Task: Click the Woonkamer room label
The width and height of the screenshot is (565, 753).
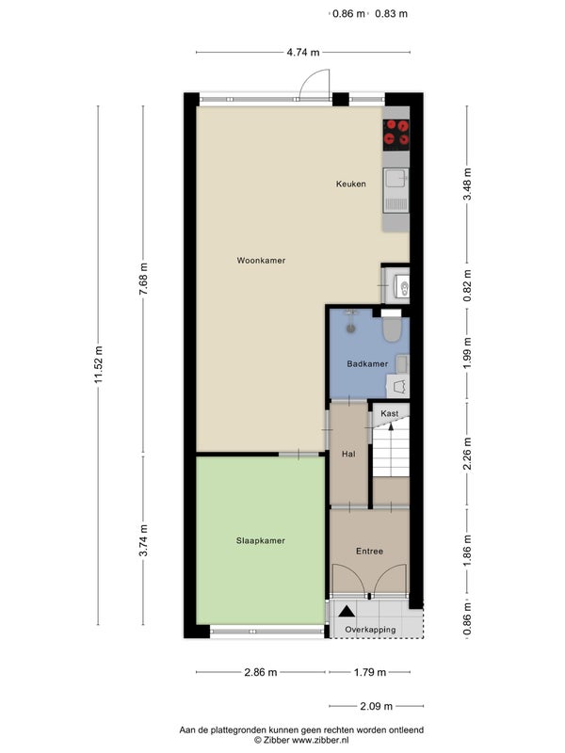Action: click(261, 261)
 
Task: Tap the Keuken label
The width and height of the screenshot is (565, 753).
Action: click(350, 184)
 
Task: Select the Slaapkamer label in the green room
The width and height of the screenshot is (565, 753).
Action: click(261, 540)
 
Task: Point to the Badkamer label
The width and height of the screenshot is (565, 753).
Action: click(367, 363)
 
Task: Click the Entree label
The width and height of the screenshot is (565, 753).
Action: click(369, 552)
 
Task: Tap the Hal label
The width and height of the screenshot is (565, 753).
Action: click(348, 454)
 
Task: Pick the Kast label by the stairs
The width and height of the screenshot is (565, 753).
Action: click(389, 413)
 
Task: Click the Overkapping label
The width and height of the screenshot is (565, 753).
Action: click(370, 630)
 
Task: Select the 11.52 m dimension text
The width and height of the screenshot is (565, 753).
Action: click(99, 364)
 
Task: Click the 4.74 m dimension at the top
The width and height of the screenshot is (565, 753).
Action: click(303, 52)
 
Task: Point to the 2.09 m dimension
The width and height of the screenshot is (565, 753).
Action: click(376, 706)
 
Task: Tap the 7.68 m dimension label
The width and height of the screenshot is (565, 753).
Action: click(143, 280)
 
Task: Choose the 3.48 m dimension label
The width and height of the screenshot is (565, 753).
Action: click(467, 184)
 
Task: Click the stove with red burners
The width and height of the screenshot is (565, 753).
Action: click(396, 133)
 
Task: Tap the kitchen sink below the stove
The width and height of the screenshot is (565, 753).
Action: click(396, 190)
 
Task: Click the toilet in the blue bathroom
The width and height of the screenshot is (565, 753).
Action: click(392, 327)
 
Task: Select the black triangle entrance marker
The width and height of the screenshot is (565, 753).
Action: click(347, 611)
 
